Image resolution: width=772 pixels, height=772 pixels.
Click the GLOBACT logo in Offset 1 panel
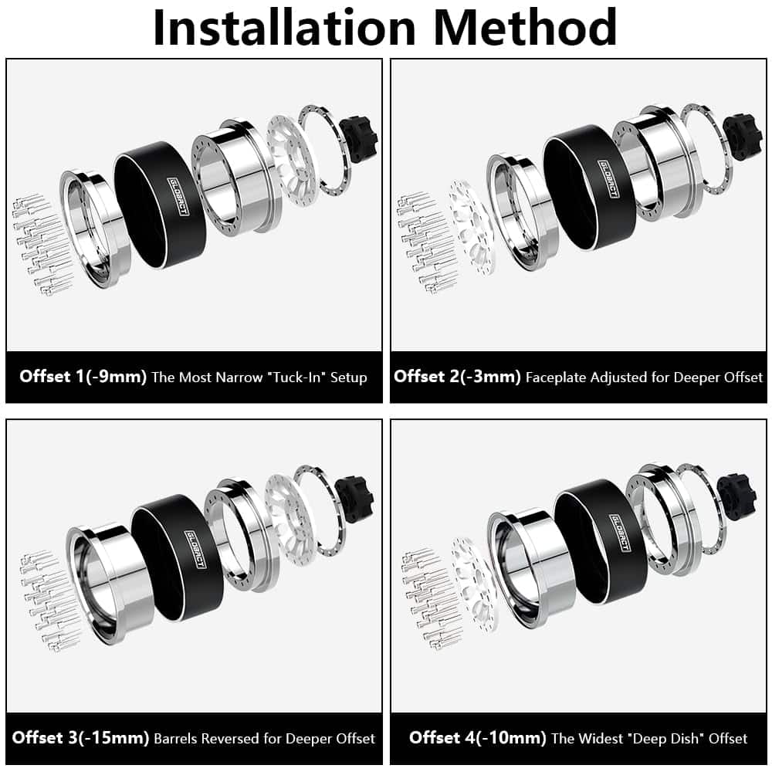pos(178,196)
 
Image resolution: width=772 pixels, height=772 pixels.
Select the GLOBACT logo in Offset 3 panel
pos(195,549)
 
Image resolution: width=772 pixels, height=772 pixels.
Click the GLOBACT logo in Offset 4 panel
pos(621,533)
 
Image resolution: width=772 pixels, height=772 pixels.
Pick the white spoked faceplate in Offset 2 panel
pos(471,226)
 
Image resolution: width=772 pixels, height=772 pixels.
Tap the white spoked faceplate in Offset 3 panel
pos(286,520)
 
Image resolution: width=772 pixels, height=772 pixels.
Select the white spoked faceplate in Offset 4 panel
pos(475,584)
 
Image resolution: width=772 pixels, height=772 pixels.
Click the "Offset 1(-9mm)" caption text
pos(83,377)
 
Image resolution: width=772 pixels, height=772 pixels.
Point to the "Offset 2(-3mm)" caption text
pos(457,377)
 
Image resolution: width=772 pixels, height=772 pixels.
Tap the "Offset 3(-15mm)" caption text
pos(81,737)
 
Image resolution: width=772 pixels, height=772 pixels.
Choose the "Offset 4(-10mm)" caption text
pos(478,737)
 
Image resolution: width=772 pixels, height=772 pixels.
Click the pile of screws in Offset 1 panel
pos(43,244)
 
